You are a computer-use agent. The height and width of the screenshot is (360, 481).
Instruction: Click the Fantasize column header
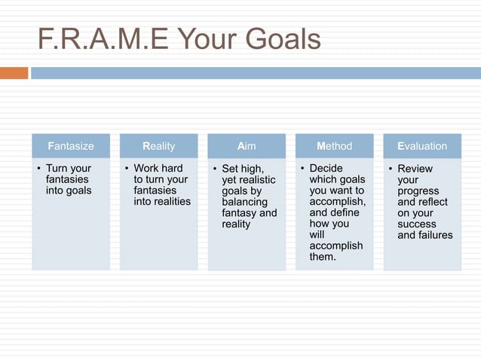coord(70,146)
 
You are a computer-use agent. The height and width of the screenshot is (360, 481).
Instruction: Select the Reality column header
coord(158,146)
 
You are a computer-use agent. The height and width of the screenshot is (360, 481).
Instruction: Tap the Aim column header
coord(247,146)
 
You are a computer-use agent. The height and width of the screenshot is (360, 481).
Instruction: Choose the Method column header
coord(334,146)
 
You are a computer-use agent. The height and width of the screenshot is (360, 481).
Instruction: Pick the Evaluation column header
coord(422,146)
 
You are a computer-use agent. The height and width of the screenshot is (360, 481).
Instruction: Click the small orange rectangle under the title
coord(14,73)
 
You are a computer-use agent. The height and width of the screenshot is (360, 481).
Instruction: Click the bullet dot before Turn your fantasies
coord(38,169)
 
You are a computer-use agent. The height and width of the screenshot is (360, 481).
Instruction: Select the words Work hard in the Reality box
coord(158,168)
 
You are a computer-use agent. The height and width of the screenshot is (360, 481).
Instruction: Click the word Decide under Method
coord(326,168)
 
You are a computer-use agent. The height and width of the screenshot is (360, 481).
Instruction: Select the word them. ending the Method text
coord(323,257)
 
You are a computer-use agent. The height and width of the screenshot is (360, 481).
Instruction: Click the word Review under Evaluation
coord(415,169)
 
